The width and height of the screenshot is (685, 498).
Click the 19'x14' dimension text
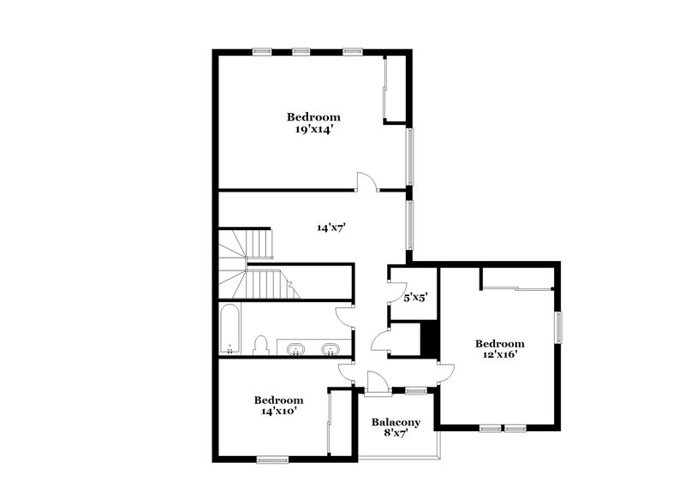point(313,130)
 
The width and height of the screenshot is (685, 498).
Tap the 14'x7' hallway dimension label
point(331,228)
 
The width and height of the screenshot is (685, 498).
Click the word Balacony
point(396,423)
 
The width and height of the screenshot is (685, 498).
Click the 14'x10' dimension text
point(278,411)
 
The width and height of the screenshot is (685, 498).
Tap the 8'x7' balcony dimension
point(395,434)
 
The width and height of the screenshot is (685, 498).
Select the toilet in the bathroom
point(263,345)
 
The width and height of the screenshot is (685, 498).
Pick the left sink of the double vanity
point(296,348)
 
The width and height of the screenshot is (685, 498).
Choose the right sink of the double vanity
point(331,348)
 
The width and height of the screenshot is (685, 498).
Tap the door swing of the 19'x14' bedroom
point(366,181)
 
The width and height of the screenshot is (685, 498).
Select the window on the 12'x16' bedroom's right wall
point(560,329)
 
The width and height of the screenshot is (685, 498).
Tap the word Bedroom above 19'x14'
point(313,117)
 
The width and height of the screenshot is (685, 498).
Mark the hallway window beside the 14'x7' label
point(410,227)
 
